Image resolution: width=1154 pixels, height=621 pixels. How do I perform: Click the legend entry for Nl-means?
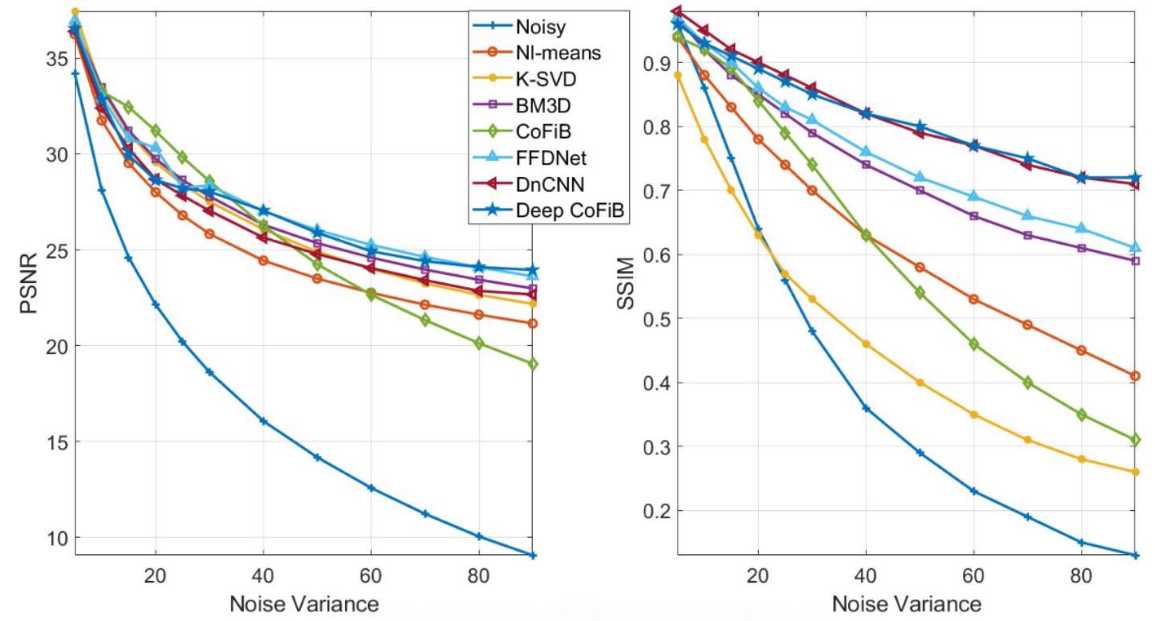click(x=558, y=53)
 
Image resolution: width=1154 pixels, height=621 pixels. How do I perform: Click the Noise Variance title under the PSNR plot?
click(x=303, y=604)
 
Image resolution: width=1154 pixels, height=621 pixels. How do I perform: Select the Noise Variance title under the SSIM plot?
click(x=906, y=604)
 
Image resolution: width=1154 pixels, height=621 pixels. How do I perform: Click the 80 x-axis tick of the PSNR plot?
click(x=479, y=575)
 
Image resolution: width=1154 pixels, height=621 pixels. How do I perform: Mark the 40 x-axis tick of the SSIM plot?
click(x=866, y=575)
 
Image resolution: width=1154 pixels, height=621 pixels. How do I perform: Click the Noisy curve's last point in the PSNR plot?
click(x=533, y=555)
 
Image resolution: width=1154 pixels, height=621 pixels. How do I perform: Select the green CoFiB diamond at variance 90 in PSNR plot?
click(x=533, y=364)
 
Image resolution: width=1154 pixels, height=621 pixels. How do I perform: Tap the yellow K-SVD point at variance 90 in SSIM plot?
click(x=1135, y=472)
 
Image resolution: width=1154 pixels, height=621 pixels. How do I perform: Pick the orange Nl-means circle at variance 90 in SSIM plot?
click(x=1135, y=376)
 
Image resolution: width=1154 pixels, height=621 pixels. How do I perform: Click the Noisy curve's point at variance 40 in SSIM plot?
click(x=866, y=408)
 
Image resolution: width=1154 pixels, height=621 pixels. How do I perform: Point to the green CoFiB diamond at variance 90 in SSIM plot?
click(x=1135, y=440)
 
